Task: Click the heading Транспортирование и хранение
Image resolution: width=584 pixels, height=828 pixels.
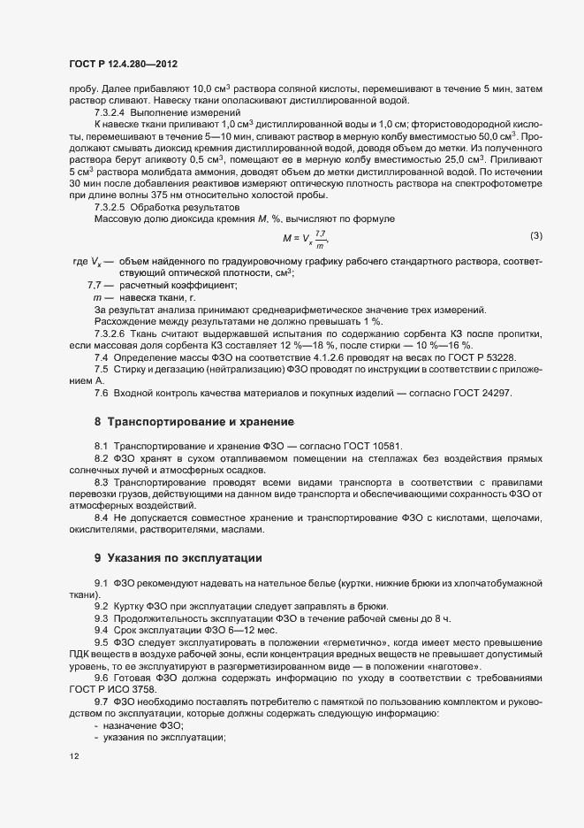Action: tap(201, 421)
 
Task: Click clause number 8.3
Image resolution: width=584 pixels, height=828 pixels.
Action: tap(101, 482)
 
